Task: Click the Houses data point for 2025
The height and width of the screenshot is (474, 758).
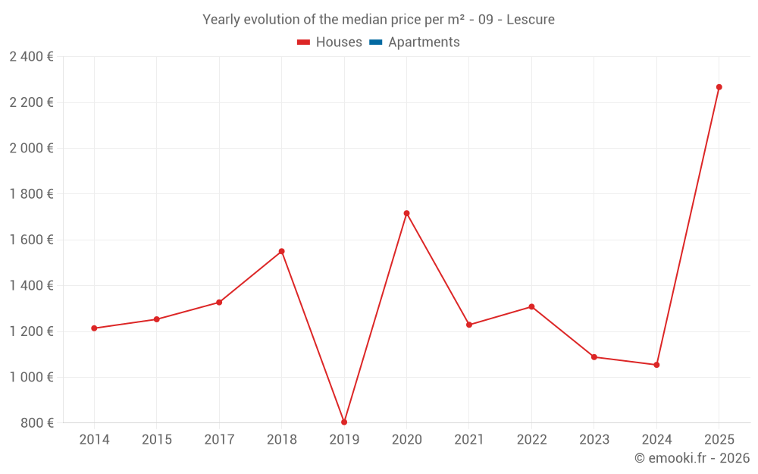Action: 719,87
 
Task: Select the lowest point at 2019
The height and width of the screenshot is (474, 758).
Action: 344,422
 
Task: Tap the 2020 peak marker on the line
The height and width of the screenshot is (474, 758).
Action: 406,213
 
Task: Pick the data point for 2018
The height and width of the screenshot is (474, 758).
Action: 281,251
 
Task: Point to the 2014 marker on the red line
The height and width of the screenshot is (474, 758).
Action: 94,328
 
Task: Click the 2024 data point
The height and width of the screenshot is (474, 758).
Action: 656,365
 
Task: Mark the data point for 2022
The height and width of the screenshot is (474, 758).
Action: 531,306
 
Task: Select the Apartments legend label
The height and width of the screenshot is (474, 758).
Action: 424,42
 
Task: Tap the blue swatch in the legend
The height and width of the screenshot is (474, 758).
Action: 375,42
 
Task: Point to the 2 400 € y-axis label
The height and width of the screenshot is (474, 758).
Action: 31,57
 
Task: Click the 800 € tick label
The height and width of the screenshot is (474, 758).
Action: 36,423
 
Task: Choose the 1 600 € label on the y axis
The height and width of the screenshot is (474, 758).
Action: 31,240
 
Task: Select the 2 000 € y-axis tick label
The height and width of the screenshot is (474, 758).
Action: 31,148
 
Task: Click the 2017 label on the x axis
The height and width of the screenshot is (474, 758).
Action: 219,440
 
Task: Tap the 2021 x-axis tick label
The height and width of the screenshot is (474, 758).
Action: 469,440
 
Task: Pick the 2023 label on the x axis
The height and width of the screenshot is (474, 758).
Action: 594,440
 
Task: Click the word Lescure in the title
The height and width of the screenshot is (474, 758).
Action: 531,20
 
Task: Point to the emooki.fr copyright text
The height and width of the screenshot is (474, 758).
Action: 692,458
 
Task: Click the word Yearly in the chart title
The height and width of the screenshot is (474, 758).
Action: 221,20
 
